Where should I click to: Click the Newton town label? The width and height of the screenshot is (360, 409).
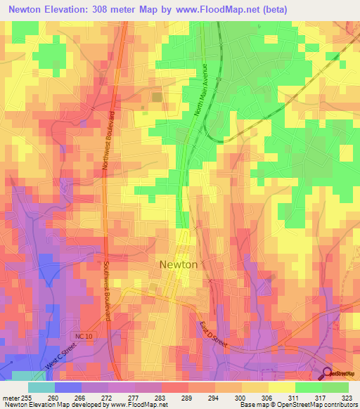pyautogui.click(x=178, y=265)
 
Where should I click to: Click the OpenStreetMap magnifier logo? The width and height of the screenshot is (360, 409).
pyautogui.click(x=328, y=375)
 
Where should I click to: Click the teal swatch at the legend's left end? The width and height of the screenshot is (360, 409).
pyautogui.click(x=41, y=387)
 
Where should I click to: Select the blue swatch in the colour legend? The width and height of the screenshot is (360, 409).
pyautogui.click(x=68, y=387)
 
